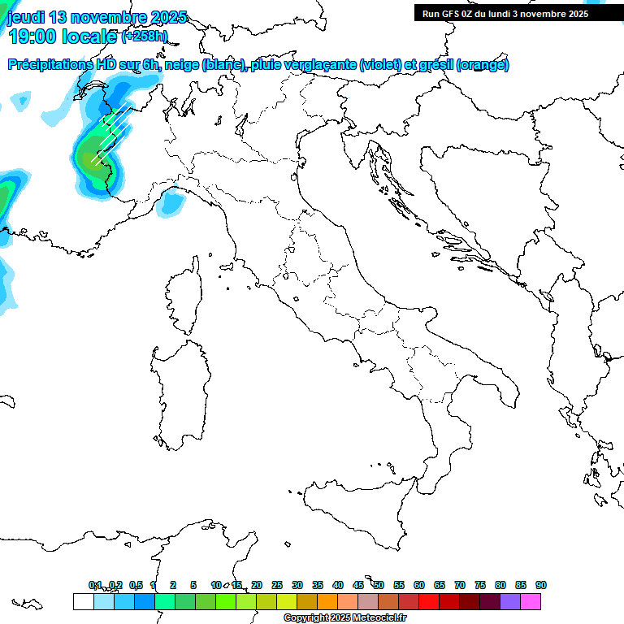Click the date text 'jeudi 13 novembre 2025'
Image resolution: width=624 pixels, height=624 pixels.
click(x=97, y=17)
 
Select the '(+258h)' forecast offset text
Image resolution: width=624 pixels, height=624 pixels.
click(x=144, y=37)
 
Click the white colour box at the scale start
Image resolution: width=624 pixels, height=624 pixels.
click(x=83, y=601)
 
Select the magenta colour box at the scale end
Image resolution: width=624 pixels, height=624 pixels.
click(x=531, y=601)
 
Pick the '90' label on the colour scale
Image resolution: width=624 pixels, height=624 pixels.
click(x=541, y=585)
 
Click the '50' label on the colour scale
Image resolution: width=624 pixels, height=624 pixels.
click(x=379, y=585)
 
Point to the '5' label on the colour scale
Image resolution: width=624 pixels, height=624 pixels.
click(x=193, y=585)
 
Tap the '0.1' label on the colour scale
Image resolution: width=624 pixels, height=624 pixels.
click(x=95, y=585)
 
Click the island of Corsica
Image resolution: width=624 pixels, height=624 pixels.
click(x=184, y=297)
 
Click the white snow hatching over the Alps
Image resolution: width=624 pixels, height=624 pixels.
click(x=110, y=134)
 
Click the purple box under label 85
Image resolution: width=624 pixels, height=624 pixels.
click(x=510, y=601)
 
